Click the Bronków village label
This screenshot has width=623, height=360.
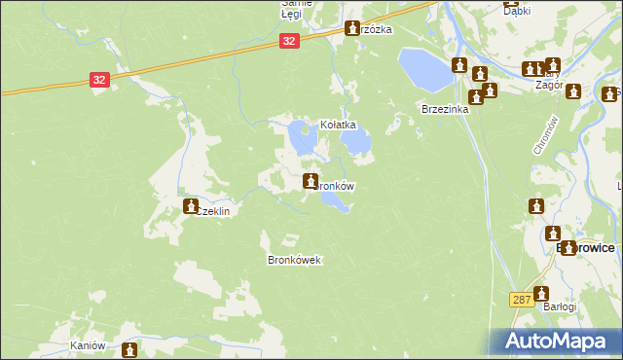(336, 185)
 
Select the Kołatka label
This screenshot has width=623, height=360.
(340, 126)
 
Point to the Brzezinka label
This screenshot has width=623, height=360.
(445, 110)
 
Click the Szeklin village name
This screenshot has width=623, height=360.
(217, 210)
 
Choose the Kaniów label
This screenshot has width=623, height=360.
(87, 346)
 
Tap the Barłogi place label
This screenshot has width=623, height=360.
(560, 306)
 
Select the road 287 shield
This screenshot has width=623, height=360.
(521, 300)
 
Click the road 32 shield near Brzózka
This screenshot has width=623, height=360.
(289, 41)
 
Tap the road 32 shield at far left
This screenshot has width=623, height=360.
(99, 81)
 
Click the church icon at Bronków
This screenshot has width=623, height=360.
(311, 180)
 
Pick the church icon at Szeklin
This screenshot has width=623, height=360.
(192, 206)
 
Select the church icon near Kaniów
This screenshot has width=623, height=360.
(124, 348)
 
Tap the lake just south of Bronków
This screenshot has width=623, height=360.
(334, 201)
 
